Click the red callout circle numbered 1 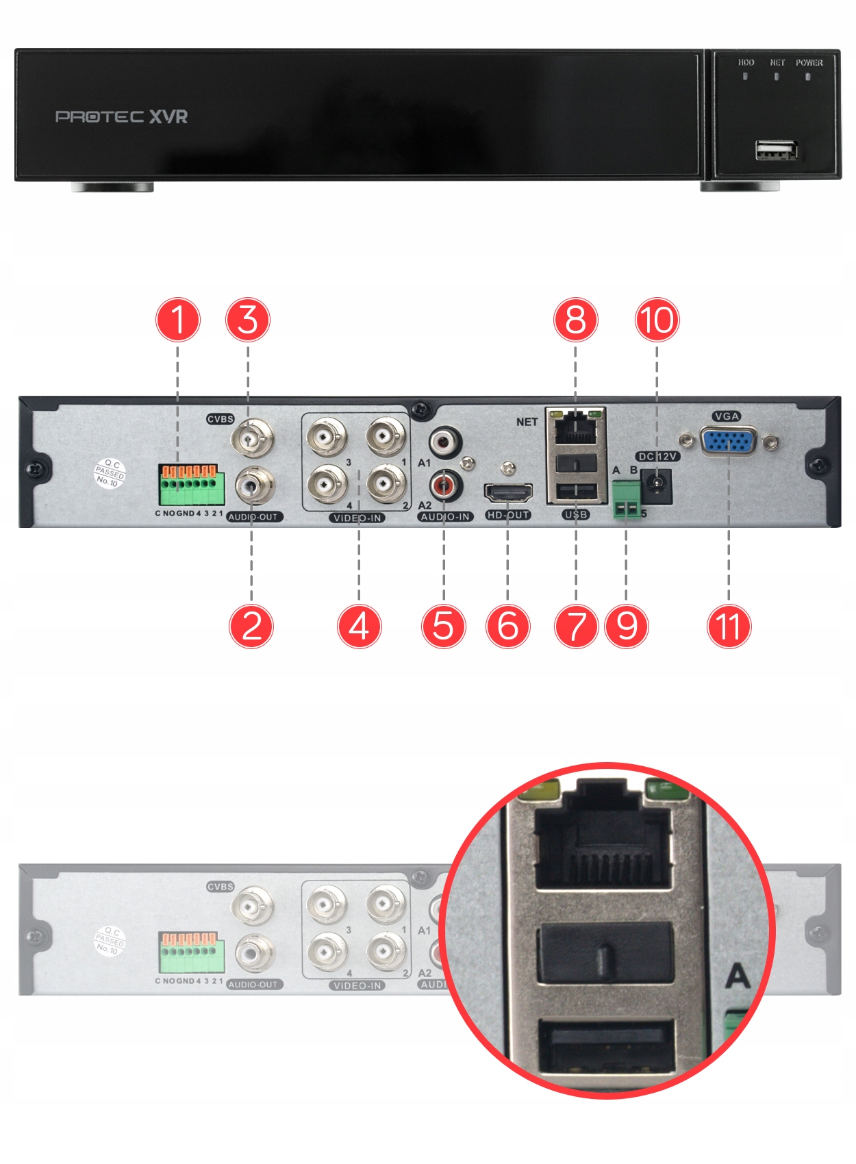pyautogui.click(x=178, y=320)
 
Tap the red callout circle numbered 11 pyautogui.click(x=729, y=626)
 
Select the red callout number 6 pyautogui.click(x=507, y=626)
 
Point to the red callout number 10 pyautogui.click(x=657, y=320)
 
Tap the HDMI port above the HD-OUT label pyautogui.click(x=508, y=492)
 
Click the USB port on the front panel pyautogui.click(x=777, y=149)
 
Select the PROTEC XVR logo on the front pyautogui.click(x=121, y=116)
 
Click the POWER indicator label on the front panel pyautogui.click(x=809, y=62)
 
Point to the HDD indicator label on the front pyautogui.click(x=746, y=62)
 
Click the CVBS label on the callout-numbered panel pyautogui.click(x=220, y=419)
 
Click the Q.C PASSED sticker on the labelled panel pyautogui.click(x=109, y=473)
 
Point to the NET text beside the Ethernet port pyautogui.click(x=527, y=422)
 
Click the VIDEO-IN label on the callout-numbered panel pyautogui.click(x=357, y=518)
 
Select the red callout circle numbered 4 pyautogui.click(x=359, y=626)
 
